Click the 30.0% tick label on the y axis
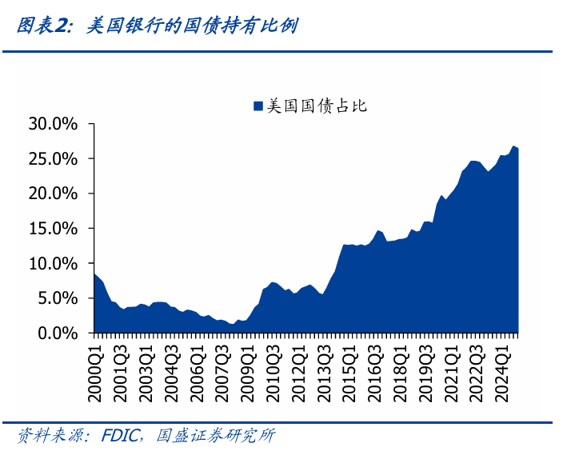(53, 124)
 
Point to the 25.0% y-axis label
(53, 159)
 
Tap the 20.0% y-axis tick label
(53, 194)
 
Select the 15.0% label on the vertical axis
(53, 229)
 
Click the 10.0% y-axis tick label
(53, 263)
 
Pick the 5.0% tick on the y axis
(57, 298)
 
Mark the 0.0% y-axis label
(57, 333)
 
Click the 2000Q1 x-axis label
(94, 364)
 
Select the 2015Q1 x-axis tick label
(348, 364)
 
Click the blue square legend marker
(258, 106)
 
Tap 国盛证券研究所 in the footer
(215, 436)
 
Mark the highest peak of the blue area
(513, 146)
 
